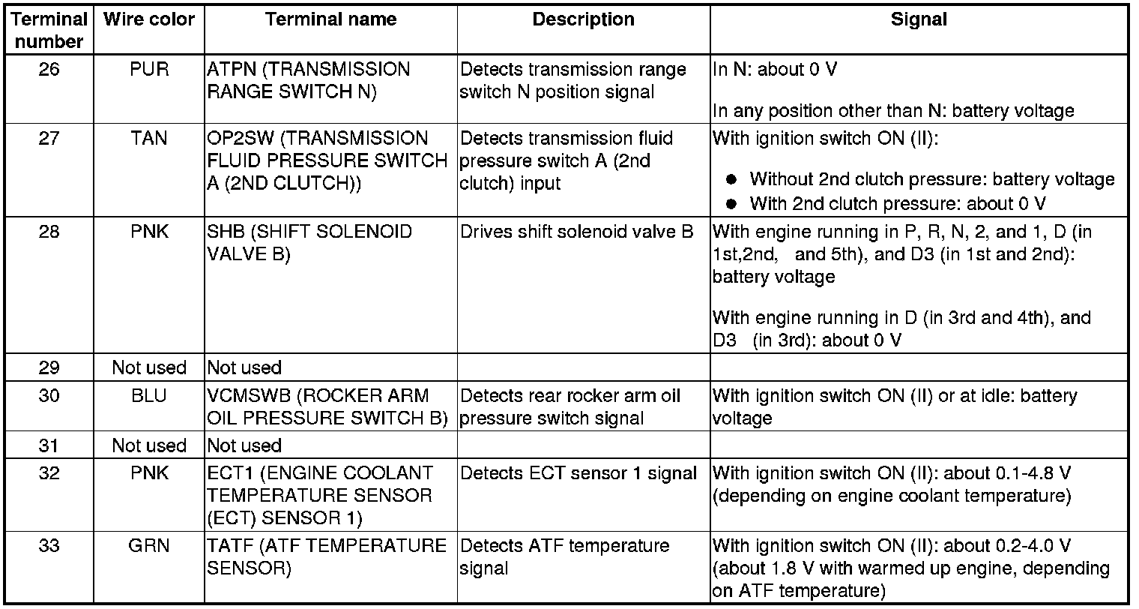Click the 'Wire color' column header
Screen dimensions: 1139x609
click(x=148, y=19)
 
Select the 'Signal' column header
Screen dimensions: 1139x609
click(x=919, y=19)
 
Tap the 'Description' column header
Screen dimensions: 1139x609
click(x=584, y=19)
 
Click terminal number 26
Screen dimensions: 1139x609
click(x=49, y=70)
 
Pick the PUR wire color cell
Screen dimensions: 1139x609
click(x=148, y=70)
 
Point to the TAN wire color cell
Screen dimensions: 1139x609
click(x=148, y=138)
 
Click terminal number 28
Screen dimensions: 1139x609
click(x=49, y=231)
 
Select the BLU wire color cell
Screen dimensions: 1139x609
click(x=148, y=395)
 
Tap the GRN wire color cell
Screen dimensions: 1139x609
click(x=148, y=545)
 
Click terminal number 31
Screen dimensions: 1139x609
click(x=49, y=445)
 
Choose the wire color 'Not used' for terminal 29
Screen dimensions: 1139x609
click(x=148, y=367)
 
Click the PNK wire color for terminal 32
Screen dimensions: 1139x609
click(x=148, y=473)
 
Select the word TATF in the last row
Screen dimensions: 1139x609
click(x=227, y=545)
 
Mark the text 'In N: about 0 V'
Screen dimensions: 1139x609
click(x=775, y=70)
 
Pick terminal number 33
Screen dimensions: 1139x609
click(x=49, y=545)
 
